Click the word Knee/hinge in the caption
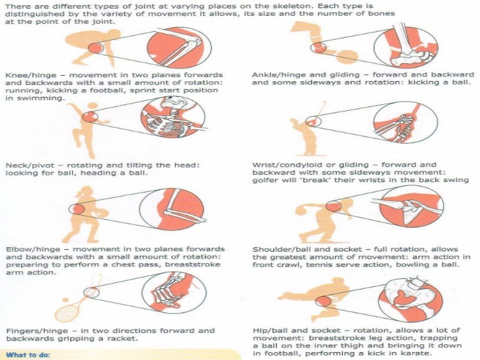click(x=30, y=75)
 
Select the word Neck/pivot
click(x=30, y=165)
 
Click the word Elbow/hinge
click(x=33, y=249)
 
